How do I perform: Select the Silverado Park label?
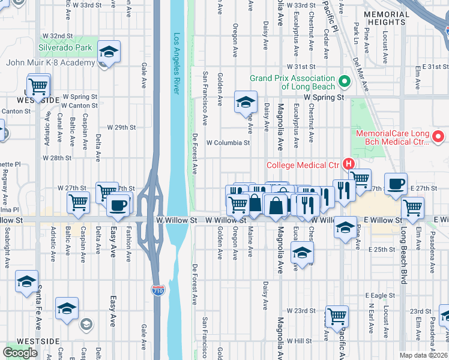pos(65,47)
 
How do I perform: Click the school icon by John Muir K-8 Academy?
pos(109,52)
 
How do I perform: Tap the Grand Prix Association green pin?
pos(344,81)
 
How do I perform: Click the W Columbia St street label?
pos(228,143)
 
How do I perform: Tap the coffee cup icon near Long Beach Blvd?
pos(396,185)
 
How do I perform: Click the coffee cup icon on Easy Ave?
pos(117,205)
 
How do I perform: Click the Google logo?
pos(20,353)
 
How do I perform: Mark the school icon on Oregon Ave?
pos(245,102)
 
